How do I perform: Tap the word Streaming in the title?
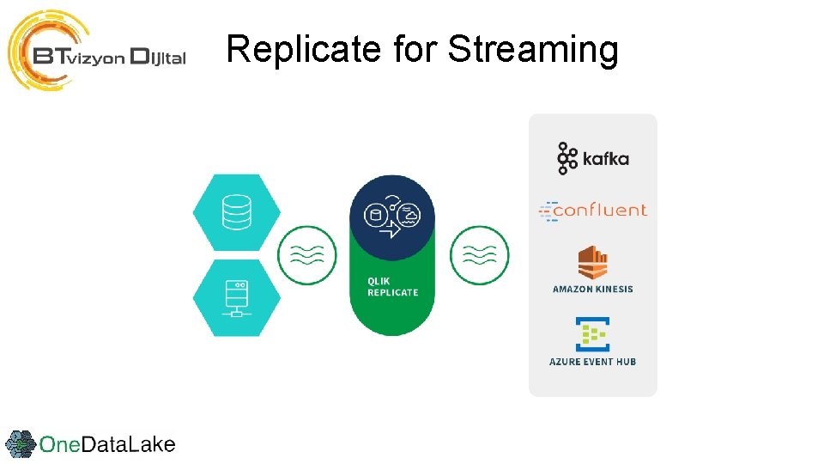coord(532,50)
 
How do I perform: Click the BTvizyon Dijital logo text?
coord(110,57)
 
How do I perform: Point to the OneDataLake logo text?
coord(107,444)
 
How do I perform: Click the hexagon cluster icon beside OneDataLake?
coord(21,444)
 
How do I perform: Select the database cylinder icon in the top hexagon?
coord(236,212)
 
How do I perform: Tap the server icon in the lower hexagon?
coord(236,297)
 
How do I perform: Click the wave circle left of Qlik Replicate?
coord(306,255)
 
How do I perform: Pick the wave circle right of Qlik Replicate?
coord(479,255)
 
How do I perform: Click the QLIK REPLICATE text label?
coord(392,287)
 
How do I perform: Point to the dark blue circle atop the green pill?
coord(392,217)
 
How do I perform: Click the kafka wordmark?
coord(605,159)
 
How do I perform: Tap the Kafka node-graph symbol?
coord(567,159)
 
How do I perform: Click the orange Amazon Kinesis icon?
coord(592,263)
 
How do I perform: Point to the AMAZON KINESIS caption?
coord(592,290)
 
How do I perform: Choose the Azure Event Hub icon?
coord(592,333)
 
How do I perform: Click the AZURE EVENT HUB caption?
coord(592,362)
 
